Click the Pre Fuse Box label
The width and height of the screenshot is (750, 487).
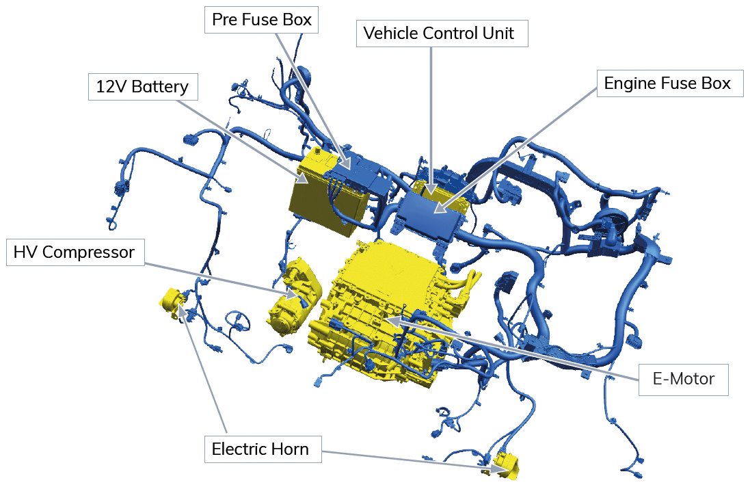[261, 20]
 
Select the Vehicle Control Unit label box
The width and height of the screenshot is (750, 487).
[442, 34]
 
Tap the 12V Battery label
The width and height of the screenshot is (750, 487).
[143, 87]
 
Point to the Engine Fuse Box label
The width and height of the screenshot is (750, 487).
[670, 83]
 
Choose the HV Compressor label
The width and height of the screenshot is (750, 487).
[75, 252]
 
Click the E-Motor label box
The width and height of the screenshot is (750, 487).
[684, 380]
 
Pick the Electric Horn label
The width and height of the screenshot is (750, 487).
[263, 449]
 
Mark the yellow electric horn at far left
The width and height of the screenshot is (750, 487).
[172, 302]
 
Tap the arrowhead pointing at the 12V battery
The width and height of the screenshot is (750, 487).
[302, 177]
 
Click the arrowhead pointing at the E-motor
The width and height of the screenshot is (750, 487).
[391, 319]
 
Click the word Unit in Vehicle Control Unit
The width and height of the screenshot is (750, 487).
[498, 34]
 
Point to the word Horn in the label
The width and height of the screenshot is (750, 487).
[290, 449]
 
